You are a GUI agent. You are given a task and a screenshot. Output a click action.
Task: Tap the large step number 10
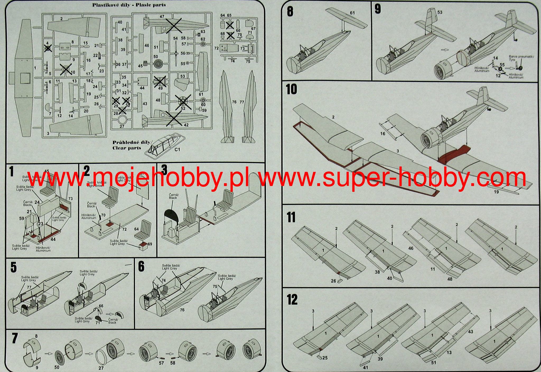pyautogui.click(x=292, y=89)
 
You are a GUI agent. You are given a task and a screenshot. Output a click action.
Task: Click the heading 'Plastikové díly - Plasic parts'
pyautogui.click(x=129, y=5)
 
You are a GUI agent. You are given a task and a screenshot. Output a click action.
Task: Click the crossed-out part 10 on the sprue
pyautogui.click(x=65, y=69)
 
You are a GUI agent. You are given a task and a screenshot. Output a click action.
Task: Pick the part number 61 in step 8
pyautogui.click(x=352, y=13)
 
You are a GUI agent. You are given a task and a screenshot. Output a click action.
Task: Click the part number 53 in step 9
pyautogui.click(x=440, y=12)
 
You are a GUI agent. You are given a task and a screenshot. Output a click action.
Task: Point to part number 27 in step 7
pyautogui.click(x=101, y=368)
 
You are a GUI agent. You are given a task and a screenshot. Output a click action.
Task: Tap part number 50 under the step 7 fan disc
pyautogui.click(x=57, y=367)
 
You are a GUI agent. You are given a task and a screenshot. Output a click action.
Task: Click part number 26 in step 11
pyautogui.click(x=334, y=281)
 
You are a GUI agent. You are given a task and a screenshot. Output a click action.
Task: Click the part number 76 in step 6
pyautogui.click(x=182, y=310)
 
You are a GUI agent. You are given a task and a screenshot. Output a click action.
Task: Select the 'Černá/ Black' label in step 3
pyautogui.click(x=173, y=196)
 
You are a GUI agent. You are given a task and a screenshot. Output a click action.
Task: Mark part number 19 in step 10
pyautogui.click(x=496, y=192)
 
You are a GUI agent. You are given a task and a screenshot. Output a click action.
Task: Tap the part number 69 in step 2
pyautogui.click(x=150, y=244)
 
